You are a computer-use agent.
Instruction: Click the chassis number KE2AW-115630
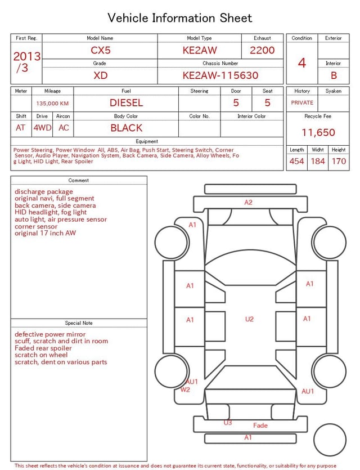(x=220, y=75)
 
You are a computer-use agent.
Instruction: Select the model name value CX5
(x=101, y=50)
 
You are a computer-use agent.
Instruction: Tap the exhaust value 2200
(x=262, y=50)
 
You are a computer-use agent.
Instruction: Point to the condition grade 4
(x=302, y=63)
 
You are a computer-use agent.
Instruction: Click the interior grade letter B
(x=334, y=75)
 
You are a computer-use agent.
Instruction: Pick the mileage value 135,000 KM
(x=52, y=104)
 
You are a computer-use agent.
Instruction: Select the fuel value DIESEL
(x=127, y=103)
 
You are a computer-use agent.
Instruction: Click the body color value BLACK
(x=127, y=128)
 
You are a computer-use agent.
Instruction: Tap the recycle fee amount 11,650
(x=318, y=132)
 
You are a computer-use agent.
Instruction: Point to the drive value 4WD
(x=42, y=128)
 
